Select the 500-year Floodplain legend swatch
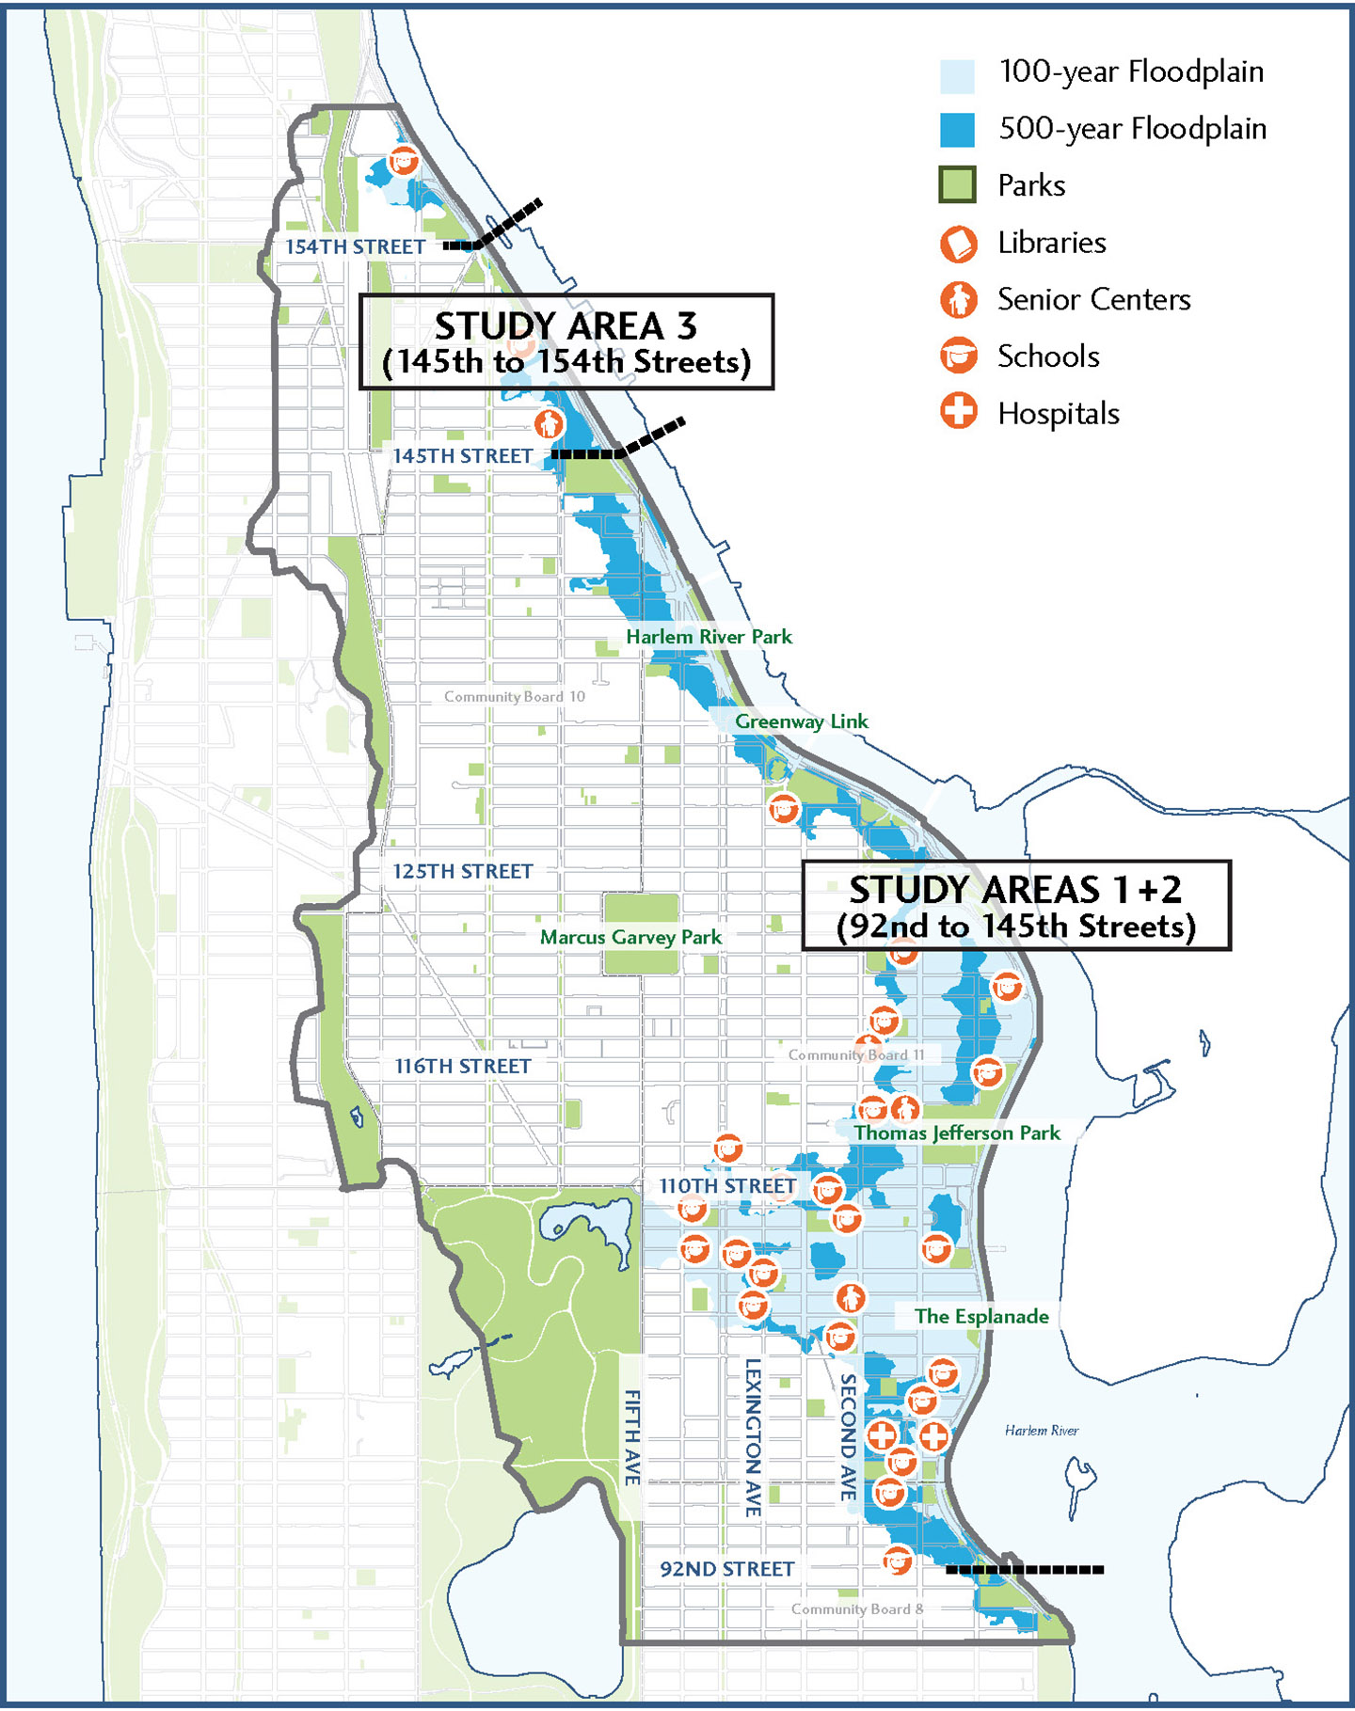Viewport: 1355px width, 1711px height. pyautogui.click(x=957, y=130)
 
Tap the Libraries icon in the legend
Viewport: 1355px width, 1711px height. pyautogui.click(x=958, y=244)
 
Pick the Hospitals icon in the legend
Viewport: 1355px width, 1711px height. pyautogui.click(x=958, y=412)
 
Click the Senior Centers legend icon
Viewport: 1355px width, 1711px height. pyautogui.click(x=958, y=300)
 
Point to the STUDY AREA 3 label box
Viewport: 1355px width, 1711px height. pyautogui.click(x=566, y=341)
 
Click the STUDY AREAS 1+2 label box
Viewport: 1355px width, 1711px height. pyautogui.click(x=1016, y=905)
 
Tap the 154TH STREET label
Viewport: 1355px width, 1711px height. pyautogui.click(x=356, y=246)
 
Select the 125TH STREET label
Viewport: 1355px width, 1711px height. pyautogui.click(x=463, y=871)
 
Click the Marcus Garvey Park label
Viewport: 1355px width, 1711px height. pyautogui.click(x=630, y=937)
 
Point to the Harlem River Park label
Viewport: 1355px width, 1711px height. pyautogui.click(x=709, y=637)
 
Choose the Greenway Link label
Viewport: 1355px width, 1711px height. pyautogui.click(x=801, y=721)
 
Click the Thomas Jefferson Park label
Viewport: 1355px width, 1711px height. pyautogui.click(x=957, y=1133)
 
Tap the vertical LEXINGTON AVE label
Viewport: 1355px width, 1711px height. pyautogui.click(x=753, y=1437)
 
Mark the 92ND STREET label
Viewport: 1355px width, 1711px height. pyautogui.click(x=726, y=1569)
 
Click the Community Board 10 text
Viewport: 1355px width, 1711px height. pyautogui.click(x=514, y=697)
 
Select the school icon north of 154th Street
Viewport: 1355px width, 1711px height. pyautogui.click(x=404, y=160)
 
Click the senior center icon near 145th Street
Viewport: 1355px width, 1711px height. pyautogui.click(x=549, y=423)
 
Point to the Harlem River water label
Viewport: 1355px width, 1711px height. pyautogui.click(x=1041, y=1431)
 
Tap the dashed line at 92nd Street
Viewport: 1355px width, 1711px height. pyautogui.click(x=1024, y=1569)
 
